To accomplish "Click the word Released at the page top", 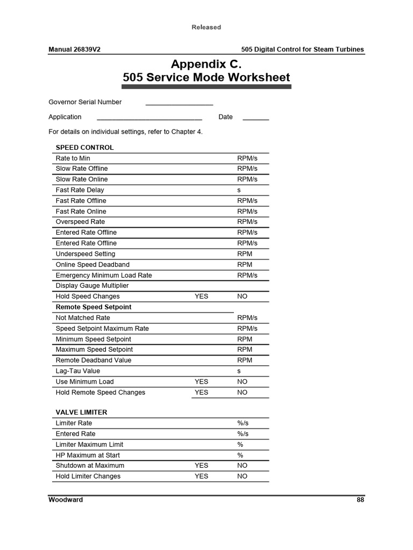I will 206,27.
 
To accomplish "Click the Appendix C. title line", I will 206,64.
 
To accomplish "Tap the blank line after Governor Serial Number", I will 179,103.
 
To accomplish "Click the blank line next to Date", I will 255,118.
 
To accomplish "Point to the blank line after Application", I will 149,118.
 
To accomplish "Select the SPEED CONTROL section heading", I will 84,147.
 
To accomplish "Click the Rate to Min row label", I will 73,158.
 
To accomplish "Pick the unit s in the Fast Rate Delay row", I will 239,190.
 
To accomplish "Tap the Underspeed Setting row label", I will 86,254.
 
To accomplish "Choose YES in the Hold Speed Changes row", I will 201,296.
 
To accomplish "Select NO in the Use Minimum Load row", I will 242,382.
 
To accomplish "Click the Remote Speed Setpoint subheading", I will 94,307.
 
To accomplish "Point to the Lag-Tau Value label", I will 78,371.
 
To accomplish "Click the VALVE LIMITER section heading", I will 81,412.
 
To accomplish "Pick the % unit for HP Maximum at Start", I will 240,455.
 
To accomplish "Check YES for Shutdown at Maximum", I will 201,466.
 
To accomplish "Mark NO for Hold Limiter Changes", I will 242,476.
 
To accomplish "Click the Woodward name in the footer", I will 66,500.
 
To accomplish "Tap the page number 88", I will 360,500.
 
